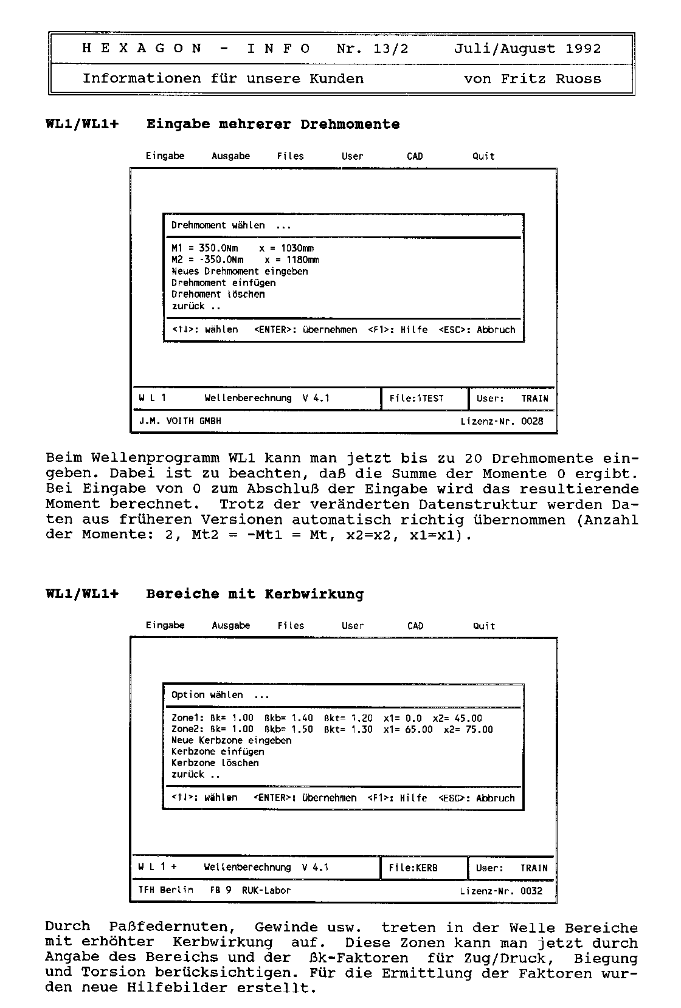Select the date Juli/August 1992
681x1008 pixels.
click(527, 49)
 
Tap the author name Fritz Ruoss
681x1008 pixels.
click(551, 79)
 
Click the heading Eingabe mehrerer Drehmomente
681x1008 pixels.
click(273, 125)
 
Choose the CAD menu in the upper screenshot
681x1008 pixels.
click(415, 156)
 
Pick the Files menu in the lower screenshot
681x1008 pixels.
click(291, 625)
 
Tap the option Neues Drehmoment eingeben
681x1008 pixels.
click(240, 271)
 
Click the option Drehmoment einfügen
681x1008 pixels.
click(223, 283)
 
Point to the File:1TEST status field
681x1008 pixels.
click(417, 399)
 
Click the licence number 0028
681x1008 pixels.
click(532, 421)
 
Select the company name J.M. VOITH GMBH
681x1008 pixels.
click(180, 421)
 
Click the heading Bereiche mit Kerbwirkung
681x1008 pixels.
click(255, 594)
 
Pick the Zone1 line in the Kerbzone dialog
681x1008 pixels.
click(327, 718)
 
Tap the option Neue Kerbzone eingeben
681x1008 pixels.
click(231, 740)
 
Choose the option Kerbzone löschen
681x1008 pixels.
click(215, 763)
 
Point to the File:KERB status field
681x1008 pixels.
click(413, 868)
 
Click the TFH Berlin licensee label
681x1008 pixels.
click(166, 890)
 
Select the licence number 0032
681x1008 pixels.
click(531, 891)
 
